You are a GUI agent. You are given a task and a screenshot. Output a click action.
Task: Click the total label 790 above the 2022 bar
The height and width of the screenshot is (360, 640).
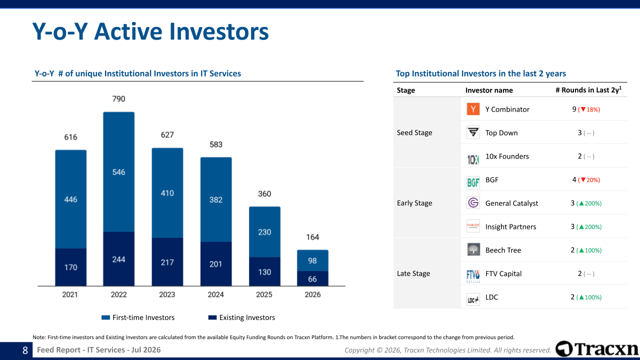(x=118, y=99)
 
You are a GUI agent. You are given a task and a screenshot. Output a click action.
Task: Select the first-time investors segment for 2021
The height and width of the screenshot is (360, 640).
(x=71, y=199)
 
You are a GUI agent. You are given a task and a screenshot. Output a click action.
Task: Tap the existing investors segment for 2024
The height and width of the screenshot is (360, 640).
(x=216, y=264)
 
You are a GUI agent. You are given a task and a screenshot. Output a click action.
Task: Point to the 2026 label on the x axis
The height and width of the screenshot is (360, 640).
(x=312, y=294)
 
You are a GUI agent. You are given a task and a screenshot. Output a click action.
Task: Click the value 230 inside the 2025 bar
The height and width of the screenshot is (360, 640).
(x=264, y=232)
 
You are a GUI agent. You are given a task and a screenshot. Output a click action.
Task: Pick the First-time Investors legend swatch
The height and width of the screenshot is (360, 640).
(x=105, y=317)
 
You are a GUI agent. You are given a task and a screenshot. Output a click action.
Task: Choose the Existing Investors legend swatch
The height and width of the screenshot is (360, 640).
(x=212, y=317)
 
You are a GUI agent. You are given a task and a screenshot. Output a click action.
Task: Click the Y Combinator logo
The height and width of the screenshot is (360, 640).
(x=473, y=109)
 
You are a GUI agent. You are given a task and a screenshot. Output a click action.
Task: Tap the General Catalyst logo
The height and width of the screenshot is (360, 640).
(x=473, y=203)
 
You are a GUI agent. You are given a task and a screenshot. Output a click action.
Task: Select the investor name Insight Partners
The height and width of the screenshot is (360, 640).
(x=510, y=227)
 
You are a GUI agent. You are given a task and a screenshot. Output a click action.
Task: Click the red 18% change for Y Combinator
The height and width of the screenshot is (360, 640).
(x=589, y=109)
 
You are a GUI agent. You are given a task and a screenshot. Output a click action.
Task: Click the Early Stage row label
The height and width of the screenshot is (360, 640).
(x=414, y=203)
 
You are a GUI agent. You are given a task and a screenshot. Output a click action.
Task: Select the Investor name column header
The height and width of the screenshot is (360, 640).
(x=489, y=90)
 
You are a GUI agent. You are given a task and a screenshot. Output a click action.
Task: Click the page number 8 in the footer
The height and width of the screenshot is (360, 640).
(x=25, y=350)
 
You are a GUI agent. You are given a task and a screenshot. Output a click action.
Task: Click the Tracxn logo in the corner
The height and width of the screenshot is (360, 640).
(x=597, y=349)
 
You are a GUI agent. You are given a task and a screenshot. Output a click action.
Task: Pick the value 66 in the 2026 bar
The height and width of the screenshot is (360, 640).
(x=312, y=279)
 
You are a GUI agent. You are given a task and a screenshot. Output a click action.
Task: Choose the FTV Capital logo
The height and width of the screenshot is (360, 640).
(x=473, y=276)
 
